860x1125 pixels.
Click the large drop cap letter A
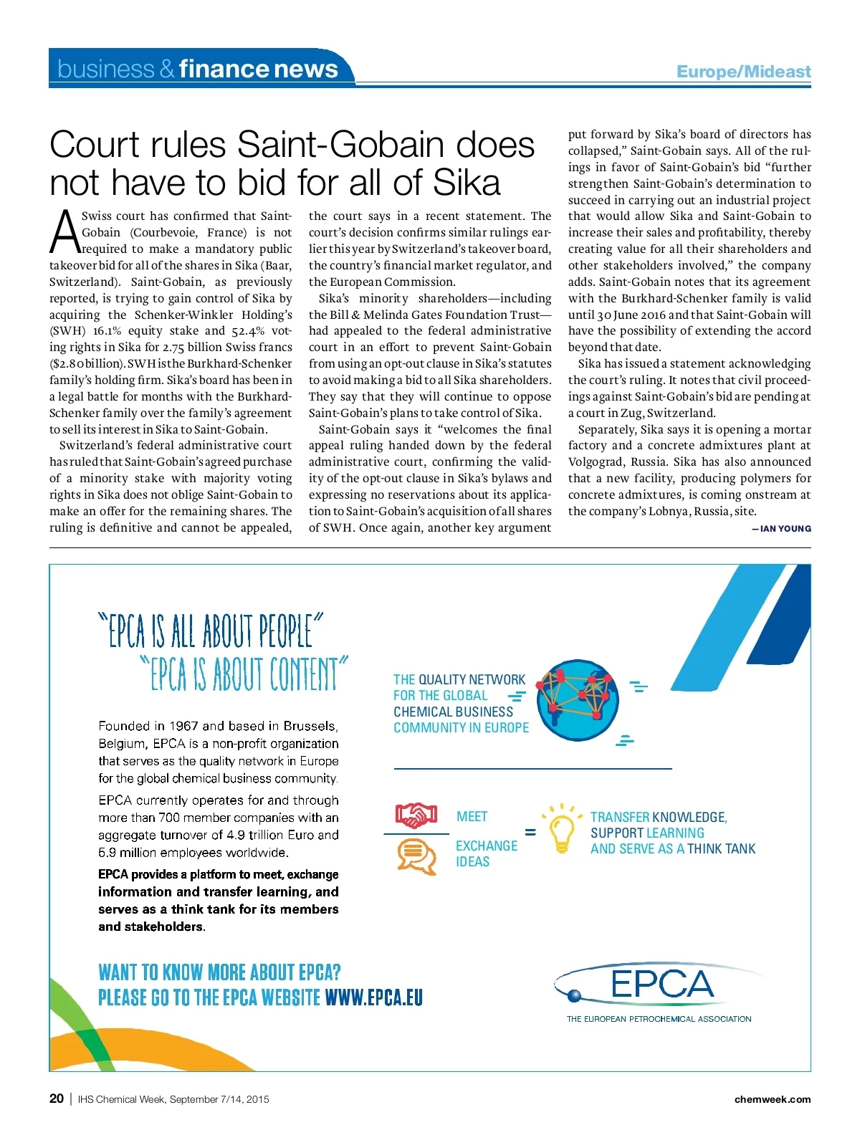pos(65,232)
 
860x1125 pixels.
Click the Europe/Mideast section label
pos(743,72)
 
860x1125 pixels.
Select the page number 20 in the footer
pos(57,1098)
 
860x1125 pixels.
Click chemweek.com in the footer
pos(773,1099)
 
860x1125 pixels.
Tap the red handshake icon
pos(416,815)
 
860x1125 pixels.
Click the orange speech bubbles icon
pos(416,856)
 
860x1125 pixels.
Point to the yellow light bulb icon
pos(561,830)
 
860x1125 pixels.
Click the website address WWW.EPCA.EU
pos(373,997)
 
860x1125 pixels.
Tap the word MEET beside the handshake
pos(472,817)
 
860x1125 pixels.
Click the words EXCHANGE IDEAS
pos(486,853)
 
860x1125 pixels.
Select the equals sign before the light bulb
pos(530,832)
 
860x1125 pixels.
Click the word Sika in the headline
pos(467,182)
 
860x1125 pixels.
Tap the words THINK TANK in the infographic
pos(721,849)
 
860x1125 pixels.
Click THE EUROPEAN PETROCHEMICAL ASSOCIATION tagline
pos(659,1019)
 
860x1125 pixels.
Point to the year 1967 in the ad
pos(181,726)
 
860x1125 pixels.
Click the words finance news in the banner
pos(258,69)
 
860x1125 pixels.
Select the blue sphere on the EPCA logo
pos(574,995)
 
